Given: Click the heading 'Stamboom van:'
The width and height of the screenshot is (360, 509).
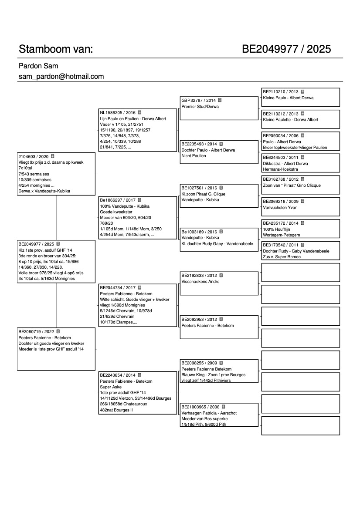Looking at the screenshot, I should [x=55, y=49].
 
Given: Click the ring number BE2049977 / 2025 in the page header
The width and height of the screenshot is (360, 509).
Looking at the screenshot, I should [x=286, y=49].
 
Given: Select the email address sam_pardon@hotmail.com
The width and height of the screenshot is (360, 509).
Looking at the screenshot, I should [x=61, y=76].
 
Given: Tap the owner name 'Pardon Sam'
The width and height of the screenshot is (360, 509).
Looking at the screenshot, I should [x=38, y=66].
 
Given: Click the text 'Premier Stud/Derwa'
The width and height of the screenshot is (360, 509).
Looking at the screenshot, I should [x=200, y=106].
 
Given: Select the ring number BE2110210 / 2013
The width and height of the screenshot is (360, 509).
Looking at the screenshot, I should [x=281, y=92].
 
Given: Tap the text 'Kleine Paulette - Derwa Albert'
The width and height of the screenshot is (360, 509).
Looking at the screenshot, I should [x=291, y=119].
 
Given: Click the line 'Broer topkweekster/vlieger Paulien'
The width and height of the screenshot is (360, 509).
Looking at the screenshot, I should [x=295, y=147].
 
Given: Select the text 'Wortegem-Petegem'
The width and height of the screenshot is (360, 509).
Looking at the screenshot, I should [x=281, y=235].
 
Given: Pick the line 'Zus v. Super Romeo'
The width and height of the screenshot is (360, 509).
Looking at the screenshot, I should [x=282, y=257].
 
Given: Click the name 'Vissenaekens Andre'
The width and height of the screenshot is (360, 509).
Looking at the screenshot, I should [x=200, y=282].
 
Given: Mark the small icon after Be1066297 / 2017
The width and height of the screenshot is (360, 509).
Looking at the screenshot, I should [x=139, y=200].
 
